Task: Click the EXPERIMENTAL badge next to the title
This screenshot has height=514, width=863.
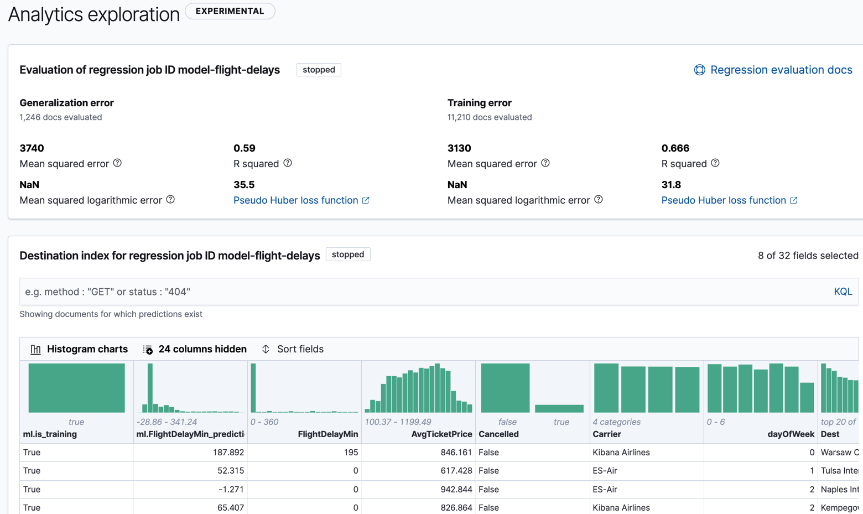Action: pos(230,11)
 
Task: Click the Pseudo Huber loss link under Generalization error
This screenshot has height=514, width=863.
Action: pos(295,200)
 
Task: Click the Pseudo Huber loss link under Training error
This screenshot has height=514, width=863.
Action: pos(724,200)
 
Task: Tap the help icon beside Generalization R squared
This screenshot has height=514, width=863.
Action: pos(288,163)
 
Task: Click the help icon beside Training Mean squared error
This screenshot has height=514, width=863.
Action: pos(545,163)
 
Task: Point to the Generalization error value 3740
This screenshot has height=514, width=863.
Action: pos(32,148)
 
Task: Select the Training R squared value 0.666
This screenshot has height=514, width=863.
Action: pos(675,148)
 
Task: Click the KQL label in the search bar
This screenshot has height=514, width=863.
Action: pos(843,292)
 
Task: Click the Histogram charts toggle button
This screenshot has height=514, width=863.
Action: pos(79,349)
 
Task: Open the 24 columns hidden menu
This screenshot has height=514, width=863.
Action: pos(195,349)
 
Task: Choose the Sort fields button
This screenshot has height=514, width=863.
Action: pos(293,349)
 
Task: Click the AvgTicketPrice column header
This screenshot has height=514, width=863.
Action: pos(441,434)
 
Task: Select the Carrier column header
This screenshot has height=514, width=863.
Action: pos(607,434)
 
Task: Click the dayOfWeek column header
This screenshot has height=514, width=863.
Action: pos(791,434)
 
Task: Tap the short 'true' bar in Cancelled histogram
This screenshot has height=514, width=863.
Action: pos(559,408)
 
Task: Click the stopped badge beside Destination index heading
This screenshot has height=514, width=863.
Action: pos(348,255)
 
